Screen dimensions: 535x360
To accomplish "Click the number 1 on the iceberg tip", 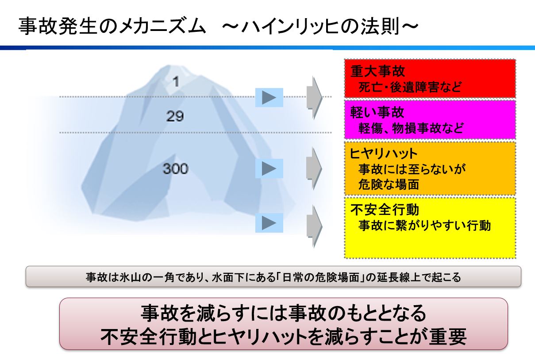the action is click(176, 82).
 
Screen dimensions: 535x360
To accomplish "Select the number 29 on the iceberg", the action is click(175, 116).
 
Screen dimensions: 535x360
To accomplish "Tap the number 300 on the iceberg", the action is click(176, 169).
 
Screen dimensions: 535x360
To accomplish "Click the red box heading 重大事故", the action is click(377, 71).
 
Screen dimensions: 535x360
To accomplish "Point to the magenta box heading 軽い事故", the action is click(377, 112).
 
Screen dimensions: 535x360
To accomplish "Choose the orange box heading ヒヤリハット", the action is click(384, 153).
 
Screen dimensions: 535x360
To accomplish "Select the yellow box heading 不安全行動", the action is click(385, 210).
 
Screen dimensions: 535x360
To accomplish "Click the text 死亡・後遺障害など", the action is click(410, 87).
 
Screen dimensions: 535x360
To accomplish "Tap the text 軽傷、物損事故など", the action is click(411, 128).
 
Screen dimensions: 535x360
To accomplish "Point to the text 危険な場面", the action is click(389, 184).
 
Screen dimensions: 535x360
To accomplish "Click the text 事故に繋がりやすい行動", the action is click(424, 226).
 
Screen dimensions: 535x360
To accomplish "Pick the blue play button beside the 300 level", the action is click(269, 169).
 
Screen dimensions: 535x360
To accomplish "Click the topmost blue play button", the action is click(269, 97).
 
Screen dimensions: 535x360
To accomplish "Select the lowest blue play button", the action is click(269, 223).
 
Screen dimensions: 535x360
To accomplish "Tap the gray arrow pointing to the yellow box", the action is click(314, 226).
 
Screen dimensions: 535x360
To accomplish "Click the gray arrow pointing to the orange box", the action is click(314, 169).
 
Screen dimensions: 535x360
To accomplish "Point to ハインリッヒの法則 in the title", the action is click(320, 26).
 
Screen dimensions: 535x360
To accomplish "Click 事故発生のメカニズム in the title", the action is click(112, 26).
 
